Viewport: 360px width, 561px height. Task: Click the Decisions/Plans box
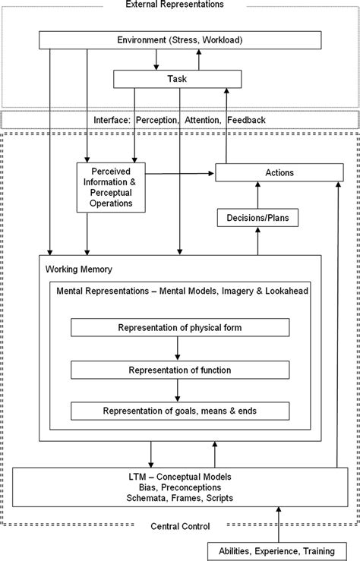point(257,219)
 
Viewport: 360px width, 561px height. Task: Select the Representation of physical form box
point(180,327)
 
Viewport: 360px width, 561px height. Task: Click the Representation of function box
point(180,370)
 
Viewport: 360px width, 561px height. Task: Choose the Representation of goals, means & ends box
point(180,411)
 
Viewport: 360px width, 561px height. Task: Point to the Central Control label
point(180,525)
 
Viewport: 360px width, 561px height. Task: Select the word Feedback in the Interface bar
point(246,119)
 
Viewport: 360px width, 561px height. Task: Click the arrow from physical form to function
point(177,348)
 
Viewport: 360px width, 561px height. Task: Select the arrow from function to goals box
point(177,390)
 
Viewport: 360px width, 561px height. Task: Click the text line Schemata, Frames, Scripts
point(180,498)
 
